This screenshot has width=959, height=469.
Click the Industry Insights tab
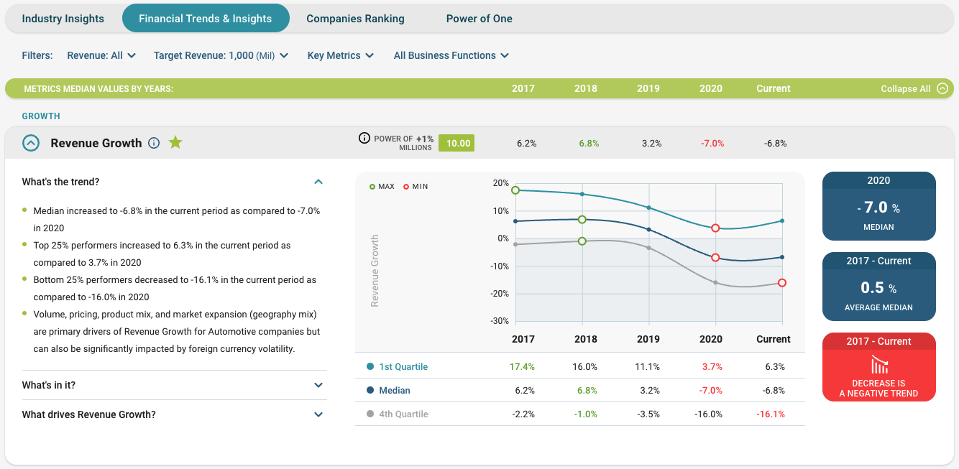(63, 19)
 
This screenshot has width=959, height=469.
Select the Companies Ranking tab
(355, 19)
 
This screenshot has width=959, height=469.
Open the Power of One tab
(479, 19)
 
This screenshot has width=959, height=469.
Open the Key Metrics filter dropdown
(340, 55)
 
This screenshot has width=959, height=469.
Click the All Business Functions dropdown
(451, 55)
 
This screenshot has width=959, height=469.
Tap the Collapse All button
(914, 88)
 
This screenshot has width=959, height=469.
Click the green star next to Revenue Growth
(175, 143)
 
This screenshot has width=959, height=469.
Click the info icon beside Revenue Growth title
(153, 143)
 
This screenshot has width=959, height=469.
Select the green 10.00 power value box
(458, 143)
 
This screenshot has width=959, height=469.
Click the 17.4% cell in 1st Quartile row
(522, 366)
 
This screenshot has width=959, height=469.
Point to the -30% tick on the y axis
(500, 321)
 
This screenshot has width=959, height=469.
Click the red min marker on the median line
(715, 257)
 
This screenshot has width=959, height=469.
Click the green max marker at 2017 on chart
(515, 190)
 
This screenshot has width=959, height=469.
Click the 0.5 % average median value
(878, 288)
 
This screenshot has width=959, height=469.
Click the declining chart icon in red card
(878, 364)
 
